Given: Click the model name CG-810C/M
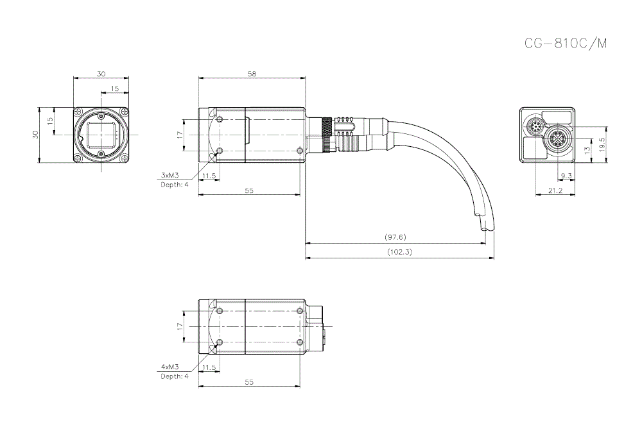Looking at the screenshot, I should [x=565, y=44].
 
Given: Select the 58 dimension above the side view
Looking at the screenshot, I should [x=252, y=74].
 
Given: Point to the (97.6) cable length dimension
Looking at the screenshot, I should [x=395, y=237].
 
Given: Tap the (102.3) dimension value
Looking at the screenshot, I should [x=399, y=252].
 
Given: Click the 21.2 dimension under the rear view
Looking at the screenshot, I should [x=556, y=190].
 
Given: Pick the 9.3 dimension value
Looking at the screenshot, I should [x=566, y=176].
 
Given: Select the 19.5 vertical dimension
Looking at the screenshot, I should [x=602, y=142].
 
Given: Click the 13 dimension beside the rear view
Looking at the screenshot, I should [x=586, y=149].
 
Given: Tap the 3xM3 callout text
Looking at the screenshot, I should [x=169, y=175].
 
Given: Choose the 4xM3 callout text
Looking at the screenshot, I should [x=169, y=367].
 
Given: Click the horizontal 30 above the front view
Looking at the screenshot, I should [x=101, y=74].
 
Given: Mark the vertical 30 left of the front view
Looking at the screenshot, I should [x=36, y=134].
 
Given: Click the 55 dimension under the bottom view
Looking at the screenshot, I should [x=249, y=382].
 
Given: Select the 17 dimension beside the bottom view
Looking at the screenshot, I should [x=180, y=326].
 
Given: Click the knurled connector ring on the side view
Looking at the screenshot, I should [x=327, y=134].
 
